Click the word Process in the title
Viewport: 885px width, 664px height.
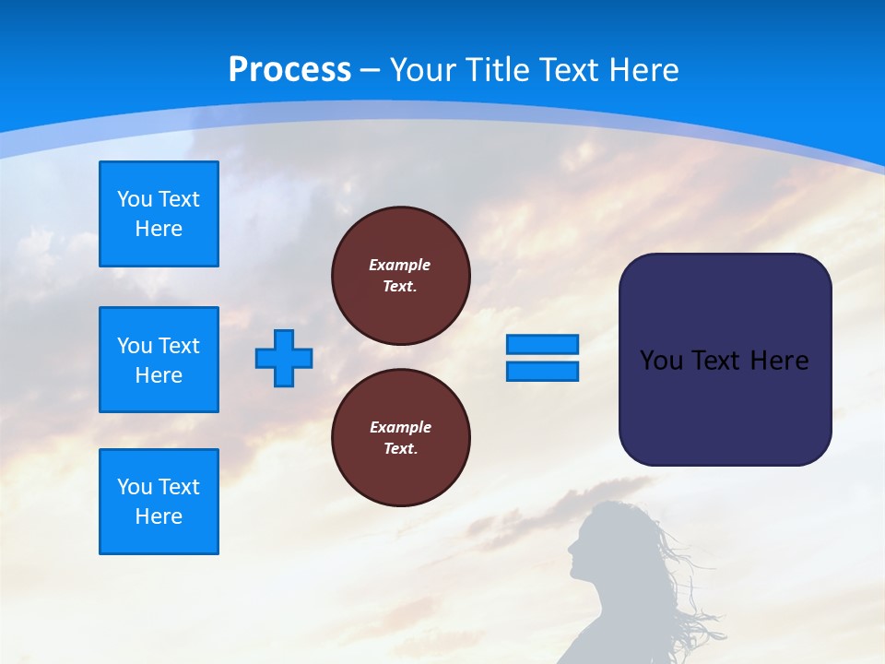tap(289, 70)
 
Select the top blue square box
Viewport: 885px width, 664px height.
tap(159, 214)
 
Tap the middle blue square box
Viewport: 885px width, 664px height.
tap(159, 360)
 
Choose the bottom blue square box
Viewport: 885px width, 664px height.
tap(159, 502)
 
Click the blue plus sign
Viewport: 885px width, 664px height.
tap(284, 358)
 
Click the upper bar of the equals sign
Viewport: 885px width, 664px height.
tap(542, 344)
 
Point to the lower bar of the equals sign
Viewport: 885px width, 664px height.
tap(542, 371)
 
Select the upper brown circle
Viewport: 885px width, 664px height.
tap(401, 276)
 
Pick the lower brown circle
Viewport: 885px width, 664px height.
tap(401, 438)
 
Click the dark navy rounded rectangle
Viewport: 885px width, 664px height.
tap(725, 360)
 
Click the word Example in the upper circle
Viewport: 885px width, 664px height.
tap(399, 265)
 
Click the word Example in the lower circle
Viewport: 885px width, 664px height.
tap(400, 427)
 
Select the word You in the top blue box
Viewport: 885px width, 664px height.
tap(135, 199)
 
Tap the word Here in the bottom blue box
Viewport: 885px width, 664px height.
tap(159, 516)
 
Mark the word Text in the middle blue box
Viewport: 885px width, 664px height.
tap(179, 346)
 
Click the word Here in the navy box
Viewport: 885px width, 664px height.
tap(779, 361)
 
